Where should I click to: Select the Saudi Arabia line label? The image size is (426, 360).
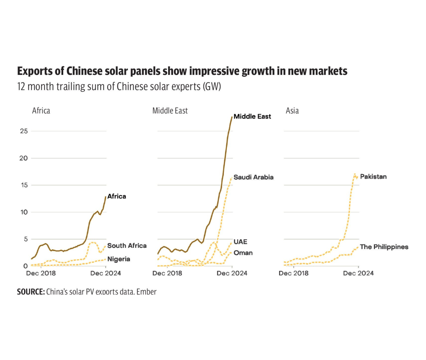(x=253, y=177)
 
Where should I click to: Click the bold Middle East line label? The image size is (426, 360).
(x=252, y=116)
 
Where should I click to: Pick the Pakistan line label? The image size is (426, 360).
(x=373, y=177)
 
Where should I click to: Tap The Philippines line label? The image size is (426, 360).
(x=384, y=247)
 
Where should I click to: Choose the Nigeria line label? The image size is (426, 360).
(x=119, y=259)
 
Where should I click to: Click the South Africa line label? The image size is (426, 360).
(x=127, y=246)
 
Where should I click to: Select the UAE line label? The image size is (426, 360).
(x=240, y=242)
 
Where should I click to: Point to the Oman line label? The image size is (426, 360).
(x=243, y=253)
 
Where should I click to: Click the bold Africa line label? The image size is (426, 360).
(x=116, y=196)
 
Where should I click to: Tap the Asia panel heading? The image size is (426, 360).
(x=292, y=111)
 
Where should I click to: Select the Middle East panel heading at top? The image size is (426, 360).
(x=170, y=111)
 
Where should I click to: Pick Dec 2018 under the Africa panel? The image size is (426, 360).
(x=41, y=273)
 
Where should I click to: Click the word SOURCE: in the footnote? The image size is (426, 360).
(x=31, y=292)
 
